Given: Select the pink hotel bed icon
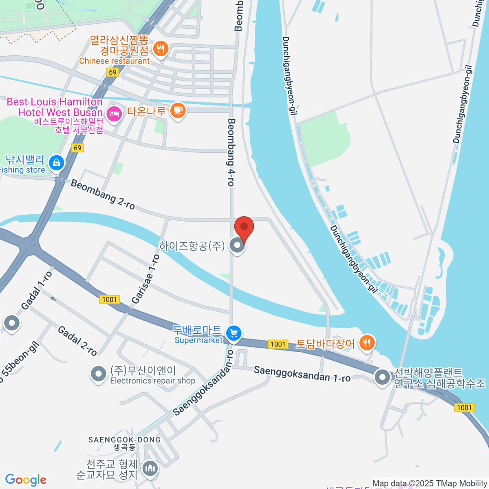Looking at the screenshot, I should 114,113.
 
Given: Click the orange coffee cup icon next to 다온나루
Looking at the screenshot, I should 178,110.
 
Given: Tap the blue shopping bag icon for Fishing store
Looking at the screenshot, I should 56,163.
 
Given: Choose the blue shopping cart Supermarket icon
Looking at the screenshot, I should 233,333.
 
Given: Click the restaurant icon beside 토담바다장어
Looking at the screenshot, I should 367,343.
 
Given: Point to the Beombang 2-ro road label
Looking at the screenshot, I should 103,194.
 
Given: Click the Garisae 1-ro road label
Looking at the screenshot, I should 145,280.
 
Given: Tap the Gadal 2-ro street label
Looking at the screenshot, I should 77,341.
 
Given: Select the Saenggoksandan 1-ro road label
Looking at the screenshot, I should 302,374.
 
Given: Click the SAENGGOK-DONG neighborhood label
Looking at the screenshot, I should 125,440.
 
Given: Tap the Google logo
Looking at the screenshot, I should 26,480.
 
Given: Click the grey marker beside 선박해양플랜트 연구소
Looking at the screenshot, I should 382,377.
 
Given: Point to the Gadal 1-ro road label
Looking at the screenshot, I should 37,290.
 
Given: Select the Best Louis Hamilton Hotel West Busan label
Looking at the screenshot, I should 55,107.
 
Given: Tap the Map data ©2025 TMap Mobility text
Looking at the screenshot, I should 430,484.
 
